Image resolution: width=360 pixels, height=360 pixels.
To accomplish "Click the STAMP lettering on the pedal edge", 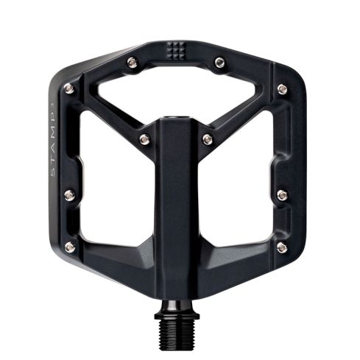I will coord(54,135).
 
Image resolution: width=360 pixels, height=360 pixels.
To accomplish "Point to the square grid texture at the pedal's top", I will coord(176,50).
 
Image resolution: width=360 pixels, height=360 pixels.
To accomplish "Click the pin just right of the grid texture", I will coord(219,63).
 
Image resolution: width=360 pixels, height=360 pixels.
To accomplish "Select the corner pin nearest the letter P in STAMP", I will coord(68,88).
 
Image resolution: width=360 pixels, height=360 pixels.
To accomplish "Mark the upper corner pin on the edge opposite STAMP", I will coord(282,89).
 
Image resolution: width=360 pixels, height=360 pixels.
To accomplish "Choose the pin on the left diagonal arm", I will coord(145,139).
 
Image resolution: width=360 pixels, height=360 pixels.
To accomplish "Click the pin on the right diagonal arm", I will coord(208,139).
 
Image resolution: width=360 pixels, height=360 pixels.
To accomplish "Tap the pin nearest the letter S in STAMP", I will coord(70,195).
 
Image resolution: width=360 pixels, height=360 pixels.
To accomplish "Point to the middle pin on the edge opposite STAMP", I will coord(283,195).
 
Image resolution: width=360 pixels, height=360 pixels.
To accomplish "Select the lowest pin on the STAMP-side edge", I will coord(70,247).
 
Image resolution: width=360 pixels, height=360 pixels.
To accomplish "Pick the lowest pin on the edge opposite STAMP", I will coord(281,247).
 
